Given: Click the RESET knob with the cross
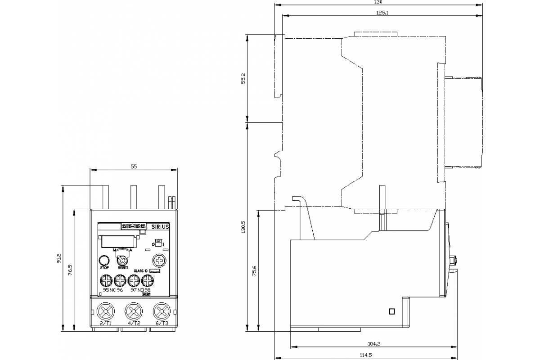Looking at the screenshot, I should click(x=122, y=260).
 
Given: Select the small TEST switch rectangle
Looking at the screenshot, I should click(x=158, y=245).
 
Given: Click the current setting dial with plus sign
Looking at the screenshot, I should click(x=159, y=260).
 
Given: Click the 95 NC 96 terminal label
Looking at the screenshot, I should click(x=112, y=290).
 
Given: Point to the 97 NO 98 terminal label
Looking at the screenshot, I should click(x=140, y=290).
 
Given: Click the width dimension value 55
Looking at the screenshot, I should click(x=134, y=166).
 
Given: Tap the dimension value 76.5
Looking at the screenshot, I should click(x=70, y=270).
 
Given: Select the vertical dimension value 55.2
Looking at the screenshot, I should click(x=243, y=78).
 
